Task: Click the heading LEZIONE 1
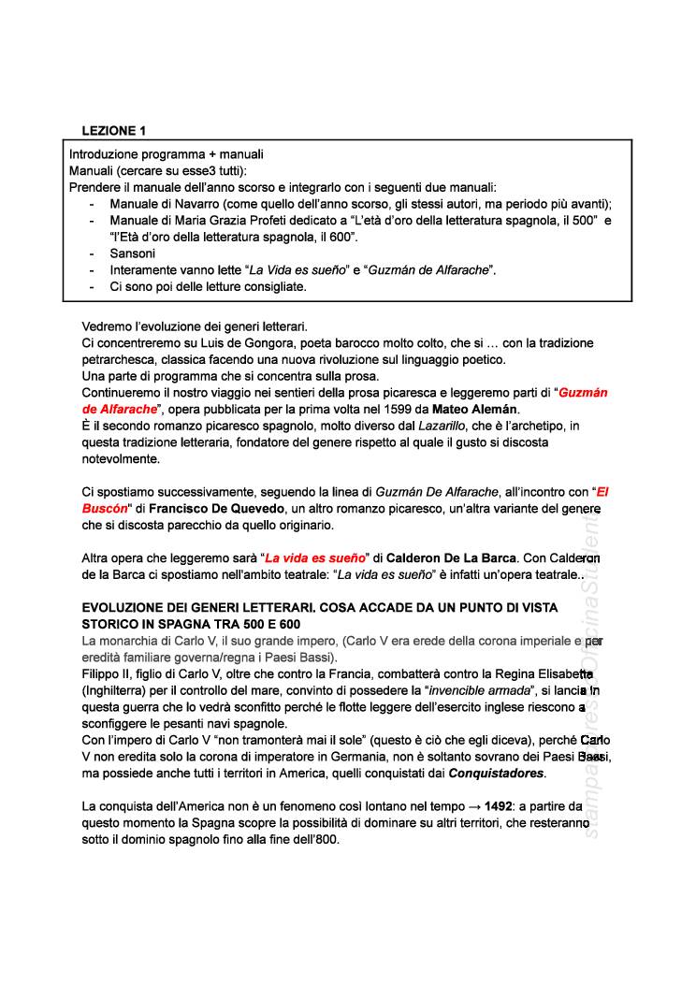pos(113,130)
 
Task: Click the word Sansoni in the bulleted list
pos(132,253)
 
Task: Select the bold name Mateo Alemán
pos(475,409)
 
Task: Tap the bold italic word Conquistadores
pos(497,774)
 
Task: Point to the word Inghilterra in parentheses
pos(116,691)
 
